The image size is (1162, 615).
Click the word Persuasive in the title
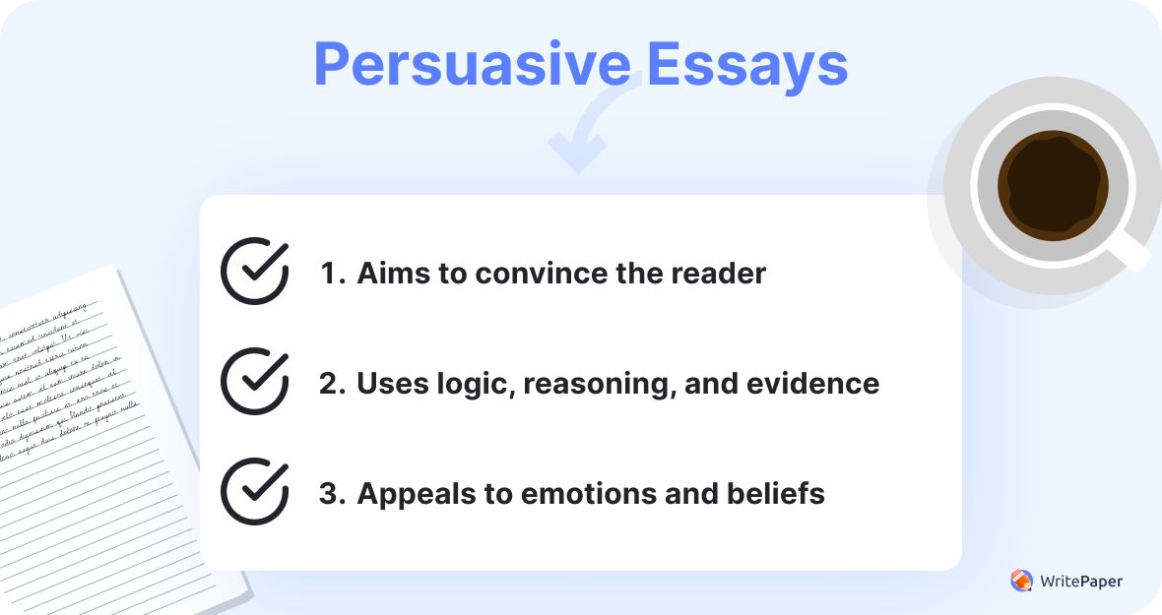tap(471, 64)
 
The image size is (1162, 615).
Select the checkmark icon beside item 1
tap(254, 271)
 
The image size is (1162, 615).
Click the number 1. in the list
tap(332, 273)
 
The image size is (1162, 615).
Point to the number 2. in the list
tap(333, 383)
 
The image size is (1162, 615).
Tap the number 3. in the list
tap(333, 493)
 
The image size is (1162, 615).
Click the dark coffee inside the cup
tap(1052, 185)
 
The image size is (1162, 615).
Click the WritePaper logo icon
tap(1021, 581)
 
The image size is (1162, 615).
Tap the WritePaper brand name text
tap(1080, 582)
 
